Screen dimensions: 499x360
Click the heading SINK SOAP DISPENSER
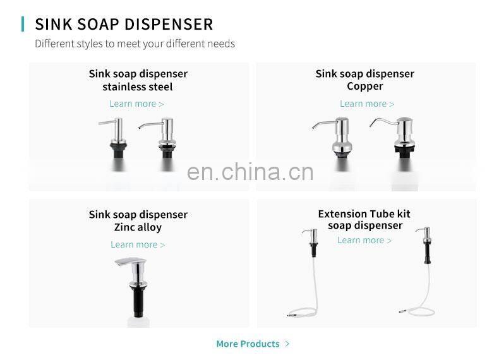coord(124,24)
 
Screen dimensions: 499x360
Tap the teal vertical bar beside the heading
coord(23,24)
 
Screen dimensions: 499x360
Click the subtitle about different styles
coord(135,44)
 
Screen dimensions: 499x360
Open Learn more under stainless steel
coord(136,104)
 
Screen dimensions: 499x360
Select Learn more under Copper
coord(367,104)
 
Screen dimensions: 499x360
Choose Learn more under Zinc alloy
coord(138,244)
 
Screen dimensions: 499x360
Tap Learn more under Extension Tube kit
coord(364,240)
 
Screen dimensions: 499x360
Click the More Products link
coord(248,344)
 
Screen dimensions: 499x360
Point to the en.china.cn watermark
coord(250,172)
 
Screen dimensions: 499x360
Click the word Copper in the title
coord(365,87)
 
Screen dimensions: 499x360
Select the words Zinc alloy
coord(138,227)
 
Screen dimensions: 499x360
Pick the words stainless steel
coord(138,87)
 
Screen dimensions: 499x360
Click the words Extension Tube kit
coord(364,214)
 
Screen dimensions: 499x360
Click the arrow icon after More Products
coord(287,344)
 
